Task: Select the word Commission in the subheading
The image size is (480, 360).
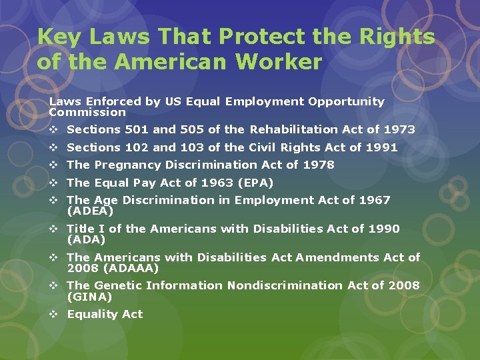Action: point(78,112)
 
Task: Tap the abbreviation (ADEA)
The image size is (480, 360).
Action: point(91,211)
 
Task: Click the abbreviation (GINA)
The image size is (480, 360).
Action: point(90,297)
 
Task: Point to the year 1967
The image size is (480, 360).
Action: point(375,200)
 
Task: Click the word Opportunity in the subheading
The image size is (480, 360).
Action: point(346,102)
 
